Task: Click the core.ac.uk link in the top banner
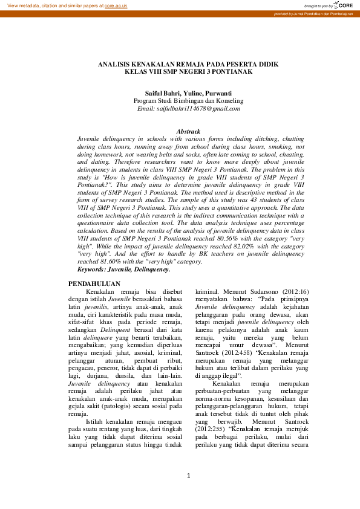click(115, 5)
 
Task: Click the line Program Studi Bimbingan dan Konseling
click(188, 101)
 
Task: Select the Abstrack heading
click(188, 131)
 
